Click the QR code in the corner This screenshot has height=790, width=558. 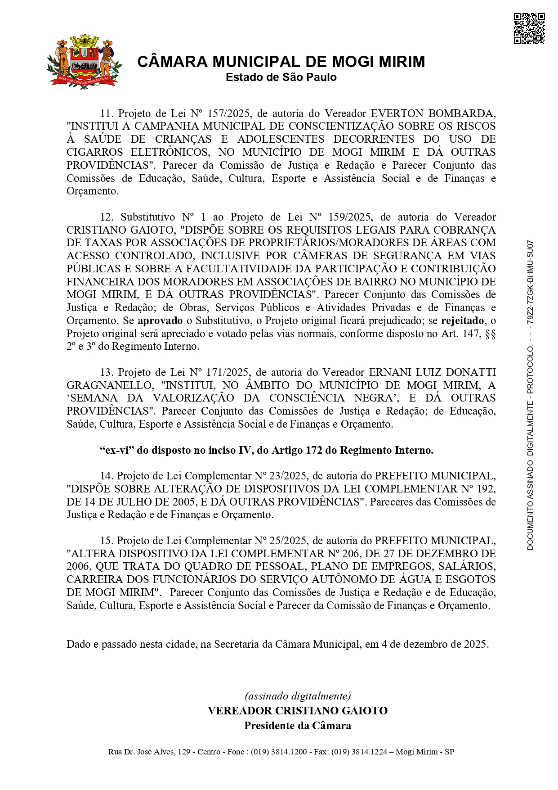[529, 29]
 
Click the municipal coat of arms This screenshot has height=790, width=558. [84, 61]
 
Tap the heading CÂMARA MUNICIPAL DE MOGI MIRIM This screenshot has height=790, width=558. [281, 62]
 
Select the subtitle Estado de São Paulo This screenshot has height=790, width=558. [281, 77]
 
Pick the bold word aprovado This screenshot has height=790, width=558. [160, 321]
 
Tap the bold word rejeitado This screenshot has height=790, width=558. [463, 321]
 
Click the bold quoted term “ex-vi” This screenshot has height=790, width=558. [116, 450]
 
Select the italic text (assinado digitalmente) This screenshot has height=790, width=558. [298, 696]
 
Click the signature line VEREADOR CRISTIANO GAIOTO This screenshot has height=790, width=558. [298, 711]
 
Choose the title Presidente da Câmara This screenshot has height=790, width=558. [298, 726]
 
